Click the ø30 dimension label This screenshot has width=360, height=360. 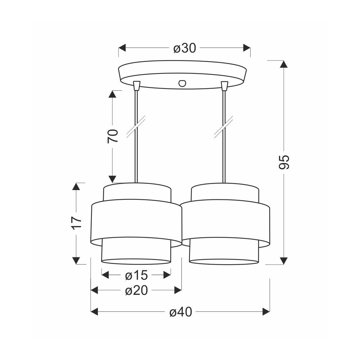tap(185, 48)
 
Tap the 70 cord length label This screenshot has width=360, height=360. tap(113, 136)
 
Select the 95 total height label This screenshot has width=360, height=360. tap(284, 162)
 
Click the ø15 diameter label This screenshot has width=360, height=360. tap(136, 275)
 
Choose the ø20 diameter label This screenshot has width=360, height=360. tap(136, 291)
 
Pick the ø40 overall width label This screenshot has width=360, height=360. tap(181, 312)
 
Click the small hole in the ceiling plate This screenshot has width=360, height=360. tap(183, 84)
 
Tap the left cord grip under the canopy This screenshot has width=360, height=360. tap(136, 85)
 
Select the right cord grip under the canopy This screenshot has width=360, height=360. tap(224, 85)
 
